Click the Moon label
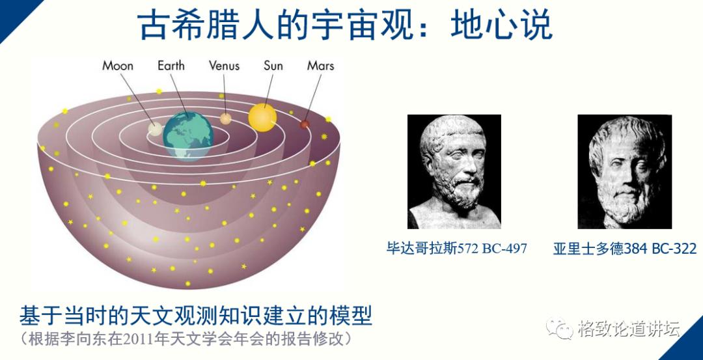(118, 66)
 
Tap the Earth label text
(171, 66)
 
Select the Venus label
(224, 66)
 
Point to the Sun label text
(273, 66)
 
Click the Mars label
(320, 66)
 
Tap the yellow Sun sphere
(262, 117)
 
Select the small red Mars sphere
(304, 124)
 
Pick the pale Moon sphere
(155, 127)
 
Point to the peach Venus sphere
(225, 118)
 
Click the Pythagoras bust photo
(454, 171)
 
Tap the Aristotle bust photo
(624, 171)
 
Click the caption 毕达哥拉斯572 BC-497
(456, 249)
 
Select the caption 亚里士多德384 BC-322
(625, 249)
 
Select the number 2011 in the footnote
(148, 339)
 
